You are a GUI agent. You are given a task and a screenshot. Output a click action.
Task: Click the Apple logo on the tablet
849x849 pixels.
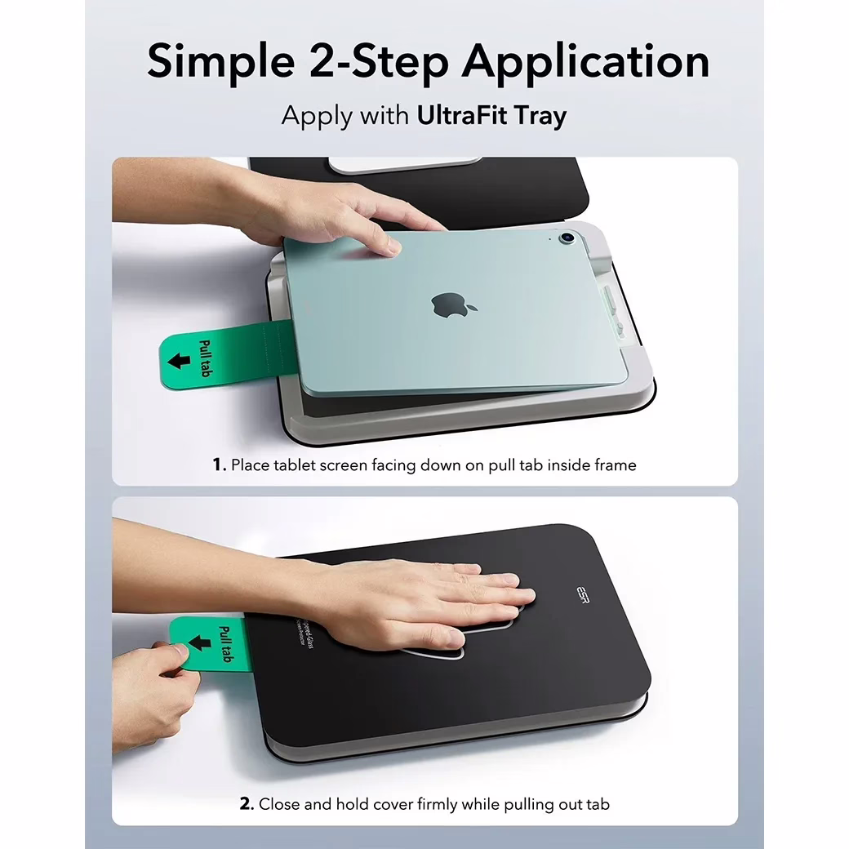coord(454,304)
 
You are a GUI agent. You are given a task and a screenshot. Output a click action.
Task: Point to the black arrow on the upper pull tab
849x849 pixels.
coord(180,360)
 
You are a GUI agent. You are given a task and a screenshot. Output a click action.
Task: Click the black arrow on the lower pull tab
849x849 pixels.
coord(198,644)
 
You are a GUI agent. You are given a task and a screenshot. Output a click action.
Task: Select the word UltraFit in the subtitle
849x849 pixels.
coord(461,115)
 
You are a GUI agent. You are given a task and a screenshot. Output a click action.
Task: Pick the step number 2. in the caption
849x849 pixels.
coord(247,804)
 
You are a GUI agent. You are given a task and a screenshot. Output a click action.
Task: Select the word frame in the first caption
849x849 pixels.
coord(613,465)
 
